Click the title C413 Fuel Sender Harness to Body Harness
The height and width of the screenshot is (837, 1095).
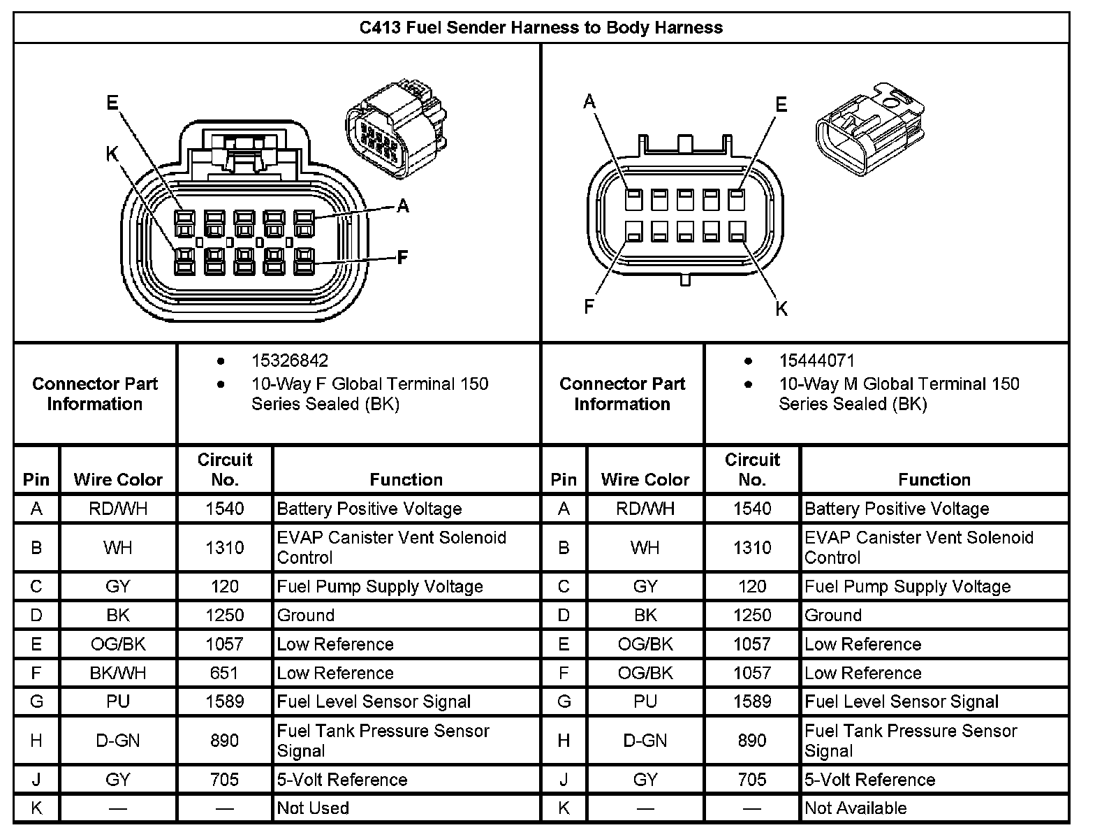pos(541,28)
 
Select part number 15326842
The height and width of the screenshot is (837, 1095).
pos(289,361)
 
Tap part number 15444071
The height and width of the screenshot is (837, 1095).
pos(816,361)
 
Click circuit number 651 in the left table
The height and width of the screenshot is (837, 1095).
pos(224,673)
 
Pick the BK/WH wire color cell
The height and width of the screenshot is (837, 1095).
pos(118,673)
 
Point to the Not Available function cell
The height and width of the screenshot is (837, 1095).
pos(855,808)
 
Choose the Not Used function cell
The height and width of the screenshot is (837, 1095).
pos(313,808)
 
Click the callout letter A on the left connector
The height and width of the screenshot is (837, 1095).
pos(403,205)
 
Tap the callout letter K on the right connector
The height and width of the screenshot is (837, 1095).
pos(781,308)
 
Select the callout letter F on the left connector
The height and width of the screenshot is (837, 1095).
pos(402,258)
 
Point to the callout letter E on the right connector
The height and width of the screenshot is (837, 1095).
pos(781,105)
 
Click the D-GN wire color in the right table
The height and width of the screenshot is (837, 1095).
pos(645,741)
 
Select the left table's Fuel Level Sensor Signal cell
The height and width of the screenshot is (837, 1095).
pos(374,701)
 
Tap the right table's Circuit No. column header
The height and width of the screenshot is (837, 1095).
pos(752,470)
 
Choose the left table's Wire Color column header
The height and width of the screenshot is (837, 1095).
pos(118,479)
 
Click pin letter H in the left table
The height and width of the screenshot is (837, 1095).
pos(36,741)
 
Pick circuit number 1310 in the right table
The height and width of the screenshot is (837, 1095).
pos(752,548)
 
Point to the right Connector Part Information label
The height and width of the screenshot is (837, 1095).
pos(622,394)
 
